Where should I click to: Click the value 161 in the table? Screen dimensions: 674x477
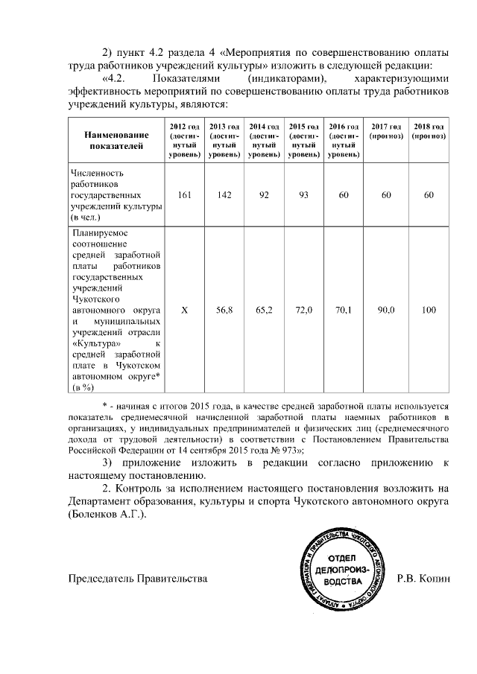[x=186, y=194]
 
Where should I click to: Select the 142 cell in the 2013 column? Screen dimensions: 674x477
[x=226, y=194]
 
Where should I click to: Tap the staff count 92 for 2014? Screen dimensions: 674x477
[x=265, y=194]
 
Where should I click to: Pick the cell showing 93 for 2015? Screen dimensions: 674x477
[x=304, y=194]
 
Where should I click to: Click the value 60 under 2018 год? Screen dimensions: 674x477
[x=429, y=194]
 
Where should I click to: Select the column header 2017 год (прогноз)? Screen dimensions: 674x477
[x=386, y=132]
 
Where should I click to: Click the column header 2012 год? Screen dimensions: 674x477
[x=186, y=141]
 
